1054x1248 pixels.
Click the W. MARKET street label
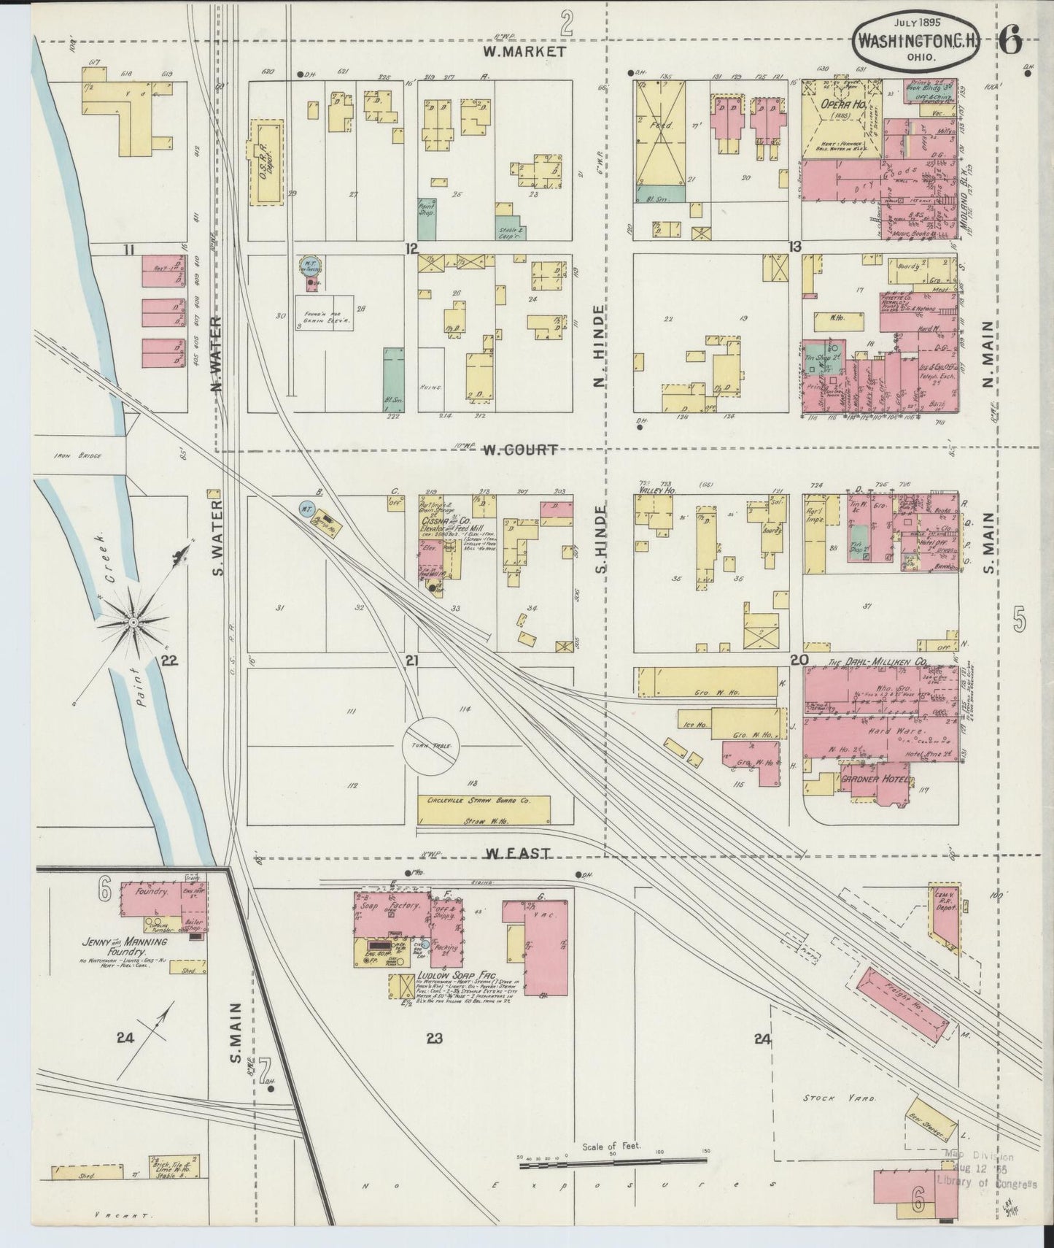click(x=524, y=52)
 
